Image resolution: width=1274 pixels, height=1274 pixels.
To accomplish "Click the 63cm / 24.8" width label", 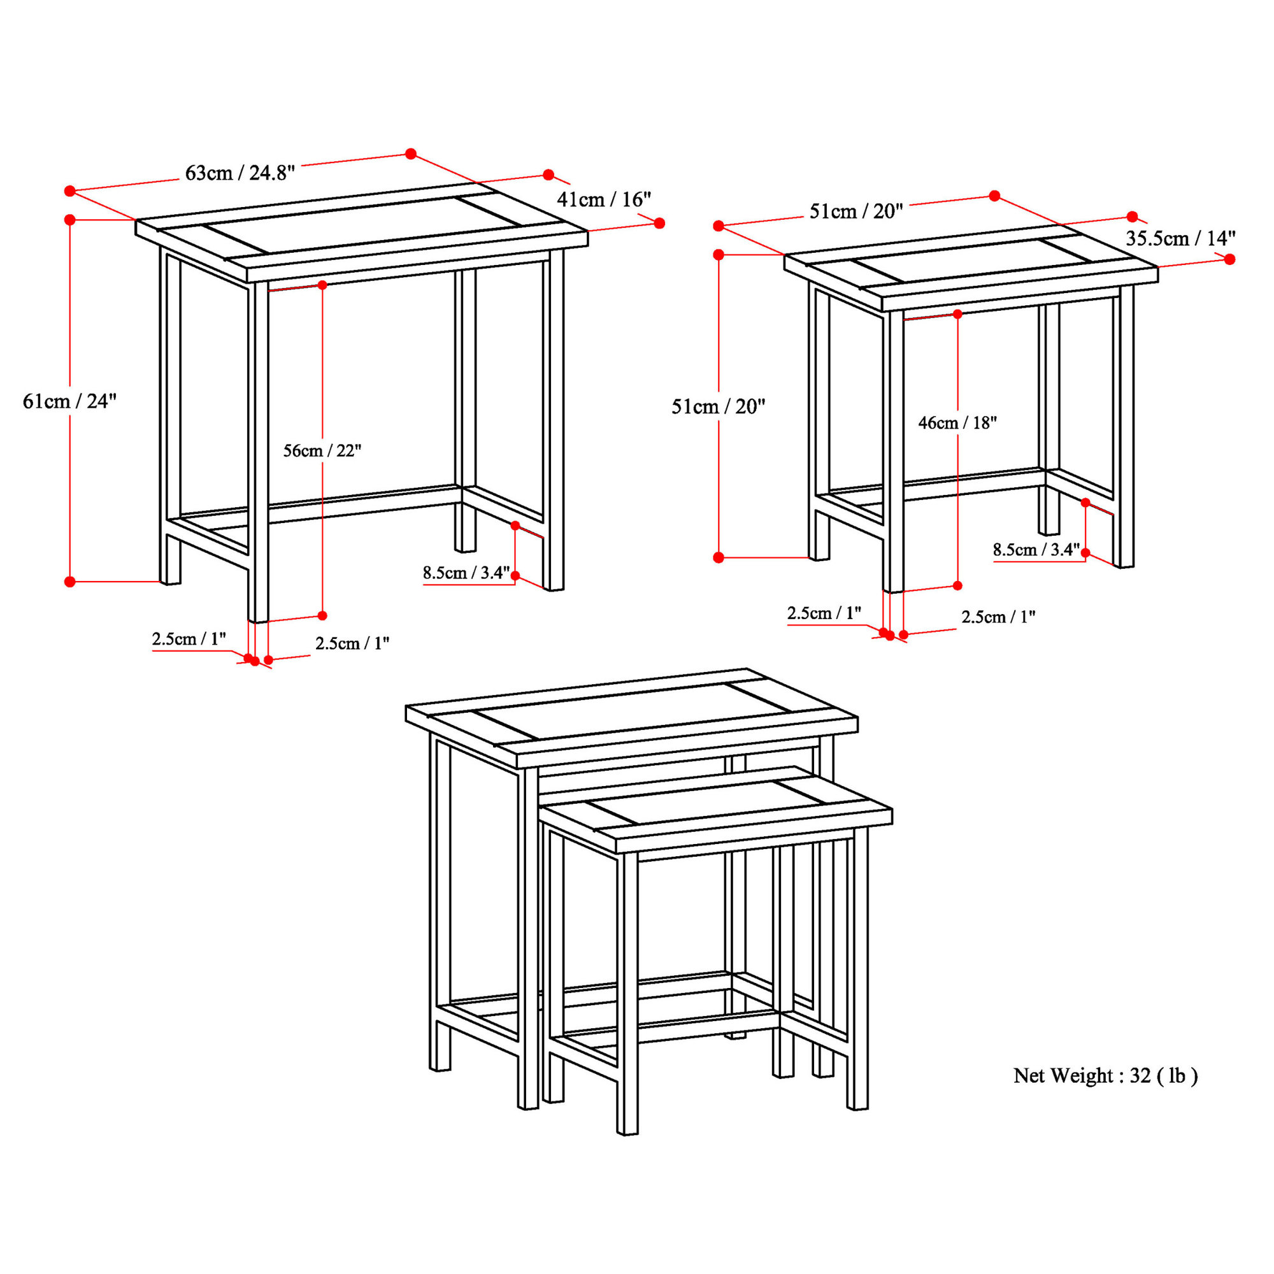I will click(240, 173).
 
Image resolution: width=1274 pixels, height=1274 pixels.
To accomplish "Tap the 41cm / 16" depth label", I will click(603, 199).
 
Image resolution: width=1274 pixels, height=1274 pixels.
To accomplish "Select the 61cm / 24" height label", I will click(69, 401).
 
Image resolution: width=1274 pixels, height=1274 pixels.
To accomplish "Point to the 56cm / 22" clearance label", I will click(322, 451).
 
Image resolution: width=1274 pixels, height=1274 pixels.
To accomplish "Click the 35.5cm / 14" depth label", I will click(1180, 238).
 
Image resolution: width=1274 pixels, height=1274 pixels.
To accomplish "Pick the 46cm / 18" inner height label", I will click(957, 423).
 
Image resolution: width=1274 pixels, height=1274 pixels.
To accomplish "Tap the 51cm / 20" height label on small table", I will click(717, 406).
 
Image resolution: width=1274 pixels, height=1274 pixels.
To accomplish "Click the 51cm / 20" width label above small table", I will click(855, 211).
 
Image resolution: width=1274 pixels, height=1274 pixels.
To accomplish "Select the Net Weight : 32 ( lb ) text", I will click(1105, 1075).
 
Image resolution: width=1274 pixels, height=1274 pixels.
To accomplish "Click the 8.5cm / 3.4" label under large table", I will click(466, 573).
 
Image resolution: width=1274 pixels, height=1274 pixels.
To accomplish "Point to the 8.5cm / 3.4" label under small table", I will click(1036, 549).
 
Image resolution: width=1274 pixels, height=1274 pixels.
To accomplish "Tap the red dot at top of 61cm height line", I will click(70, 220).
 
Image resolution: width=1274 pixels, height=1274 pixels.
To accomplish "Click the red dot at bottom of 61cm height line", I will click(70, 582).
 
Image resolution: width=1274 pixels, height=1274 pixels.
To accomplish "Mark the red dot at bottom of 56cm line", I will click(322, 615).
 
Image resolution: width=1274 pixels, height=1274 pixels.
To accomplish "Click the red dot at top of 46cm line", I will click(957, 314).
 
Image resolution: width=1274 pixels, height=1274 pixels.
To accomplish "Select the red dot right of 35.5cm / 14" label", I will click(1229, 260).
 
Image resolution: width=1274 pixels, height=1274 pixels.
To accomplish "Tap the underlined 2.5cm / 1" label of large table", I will click(189, 638).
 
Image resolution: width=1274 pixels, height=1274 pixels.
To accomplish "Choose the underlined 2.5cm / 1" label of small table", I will click(824, 613).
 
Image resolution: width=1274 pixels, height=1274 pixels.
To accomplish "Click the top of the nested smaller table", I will click(715, 808).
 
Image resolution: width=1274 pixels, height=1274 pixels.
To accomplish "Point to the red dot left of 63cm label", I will click(70, 191).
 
